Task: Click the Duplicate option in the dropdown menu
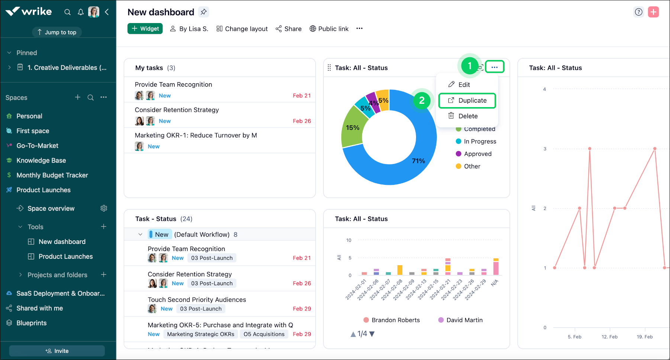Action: [467, 100]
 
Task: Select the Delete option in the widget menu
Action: [467, 116]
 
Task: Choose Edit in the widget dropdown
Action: [464, 85]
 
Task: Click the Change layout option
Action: [242, 29]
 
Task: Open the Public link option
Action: [329, 29]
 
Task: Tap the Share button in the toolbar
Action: [289, 29]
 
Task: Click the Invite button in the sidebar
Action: [57, 351]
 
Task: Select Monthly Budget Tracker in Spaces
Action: [52, 175]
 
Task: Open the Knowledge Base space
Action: [41, 160]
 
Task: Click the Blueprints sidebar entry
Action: [31, 323]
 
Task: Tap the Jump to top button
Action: [57, 32]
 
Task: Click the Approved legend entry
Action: [477, 154]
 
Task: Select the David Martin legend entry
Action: [464, 320]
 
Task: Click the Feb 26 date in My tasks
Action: [302, 121]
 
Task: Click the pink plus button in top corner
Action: [653, 12]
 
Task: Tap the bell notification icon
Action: [80, 12]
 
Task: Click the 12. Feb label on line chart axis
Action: [609, 337]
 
